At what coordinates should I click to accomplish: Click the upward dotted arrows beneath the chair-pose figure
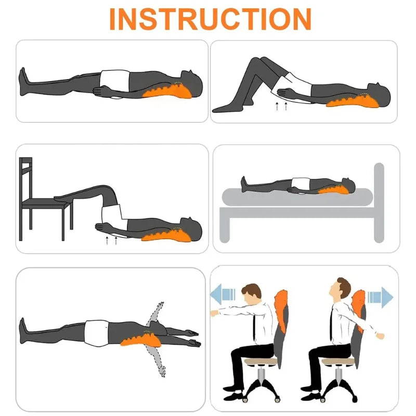(111, 241)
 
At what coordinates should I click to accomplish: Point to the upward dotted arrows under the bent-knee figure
(281, 107)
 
